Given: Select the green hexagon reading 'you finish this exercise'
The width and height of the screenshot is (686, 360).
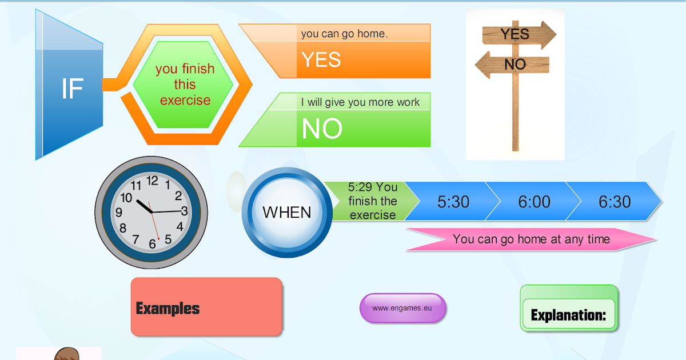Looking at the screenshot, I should (x=185, y=85).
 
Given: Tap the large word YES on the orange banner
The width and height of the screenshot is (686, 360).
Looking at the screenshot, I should (x=321, y=59).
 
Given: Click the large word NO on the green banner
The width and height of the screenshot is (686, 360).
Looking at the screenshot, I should (x=322, y=129).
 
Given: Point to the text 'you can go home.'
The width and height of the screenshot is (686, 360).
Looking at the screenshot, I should (x=344, y=34).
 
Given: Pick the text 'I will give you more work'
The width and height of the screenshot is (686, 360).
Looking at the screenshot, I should (x=360, y=102).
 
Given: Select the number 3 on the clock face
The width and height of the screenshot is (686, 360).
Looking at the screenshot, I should (x=185, y=210).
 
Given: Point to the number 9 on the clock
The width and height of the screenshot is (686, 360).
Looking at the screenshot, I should (x=119, y=213).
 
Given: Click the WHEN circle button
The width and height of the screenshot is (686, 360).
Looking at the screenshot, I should (x=286, y=213).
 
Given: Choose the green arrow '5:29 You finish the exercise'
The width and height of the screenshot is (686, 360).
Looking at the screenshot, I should (x=372, y=201).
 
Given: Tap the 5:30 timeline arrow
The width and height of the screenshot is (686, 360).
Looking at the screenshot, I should (x=453, y=201).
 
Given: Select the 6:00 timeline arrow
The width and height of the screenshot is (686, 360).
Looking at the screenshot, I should (x=534, y=201).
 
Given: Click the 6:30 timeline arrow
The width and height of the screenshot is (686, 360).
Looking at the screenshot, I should (x=615, y=201).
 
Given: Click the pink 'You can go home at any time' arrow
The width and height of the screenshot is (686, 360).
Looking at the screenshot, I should (x=531, y=239).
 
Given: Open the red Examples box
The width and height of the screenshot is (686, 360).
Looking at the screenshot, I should (x=206, y=307).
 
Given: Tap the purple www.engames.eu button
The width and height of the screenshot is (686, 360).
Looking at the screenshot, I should (x=402, y=308).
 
